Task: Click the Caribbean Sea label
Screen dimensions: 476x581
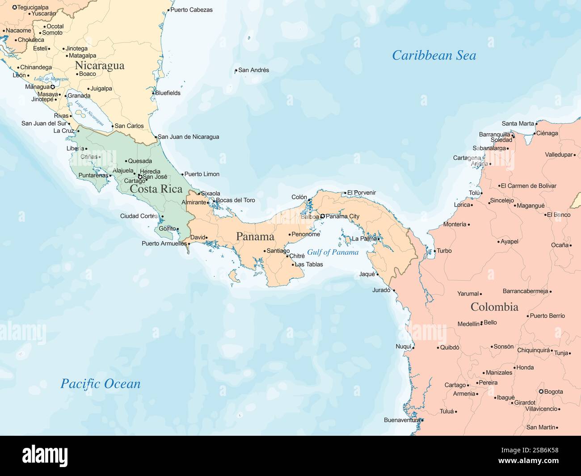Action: click(434, 55)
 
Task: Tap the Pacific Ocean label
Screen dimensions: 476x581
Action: click(100, 383)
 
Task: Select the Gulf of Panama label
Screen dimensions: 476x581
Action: click(333, 252)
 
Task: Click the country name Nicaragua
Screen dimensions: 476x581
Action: click(100, 66)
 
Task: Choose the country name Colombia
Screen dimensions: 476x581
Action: click(494, 307)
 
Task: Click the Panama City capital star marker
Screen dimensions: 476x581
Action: click(323, 216)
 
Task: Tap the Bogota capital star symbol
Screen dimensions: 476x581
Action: click(541, 392)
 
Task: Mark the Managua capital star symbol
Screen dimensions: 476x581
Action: click(52, 87)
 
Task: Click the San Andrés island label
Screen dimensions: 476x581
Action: click(253, 70)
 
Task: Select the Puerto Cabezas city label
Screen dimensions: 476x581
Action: click(191, 9)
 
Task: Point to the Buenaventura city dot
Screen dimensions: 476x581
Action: click(422, 420)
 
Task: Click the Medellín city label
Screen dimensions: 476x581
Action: click(468, 324)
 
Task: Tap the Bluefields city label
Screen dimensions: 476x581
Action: click(168, 93)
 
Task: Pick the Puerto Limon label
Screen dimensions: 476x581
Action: click(202, 174)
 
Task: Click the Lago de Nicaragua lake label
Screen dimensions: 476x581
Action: click(89, 113)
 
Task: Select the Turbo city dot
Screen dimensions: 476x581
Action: click(434, 251)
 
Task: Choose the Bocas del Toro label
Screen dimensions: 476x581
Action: click(235, 200)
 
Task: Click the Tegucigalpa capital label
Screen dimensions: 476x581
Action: click(33, 7)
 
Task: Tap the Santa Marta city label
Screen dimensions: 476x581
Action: click(518, 123)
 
